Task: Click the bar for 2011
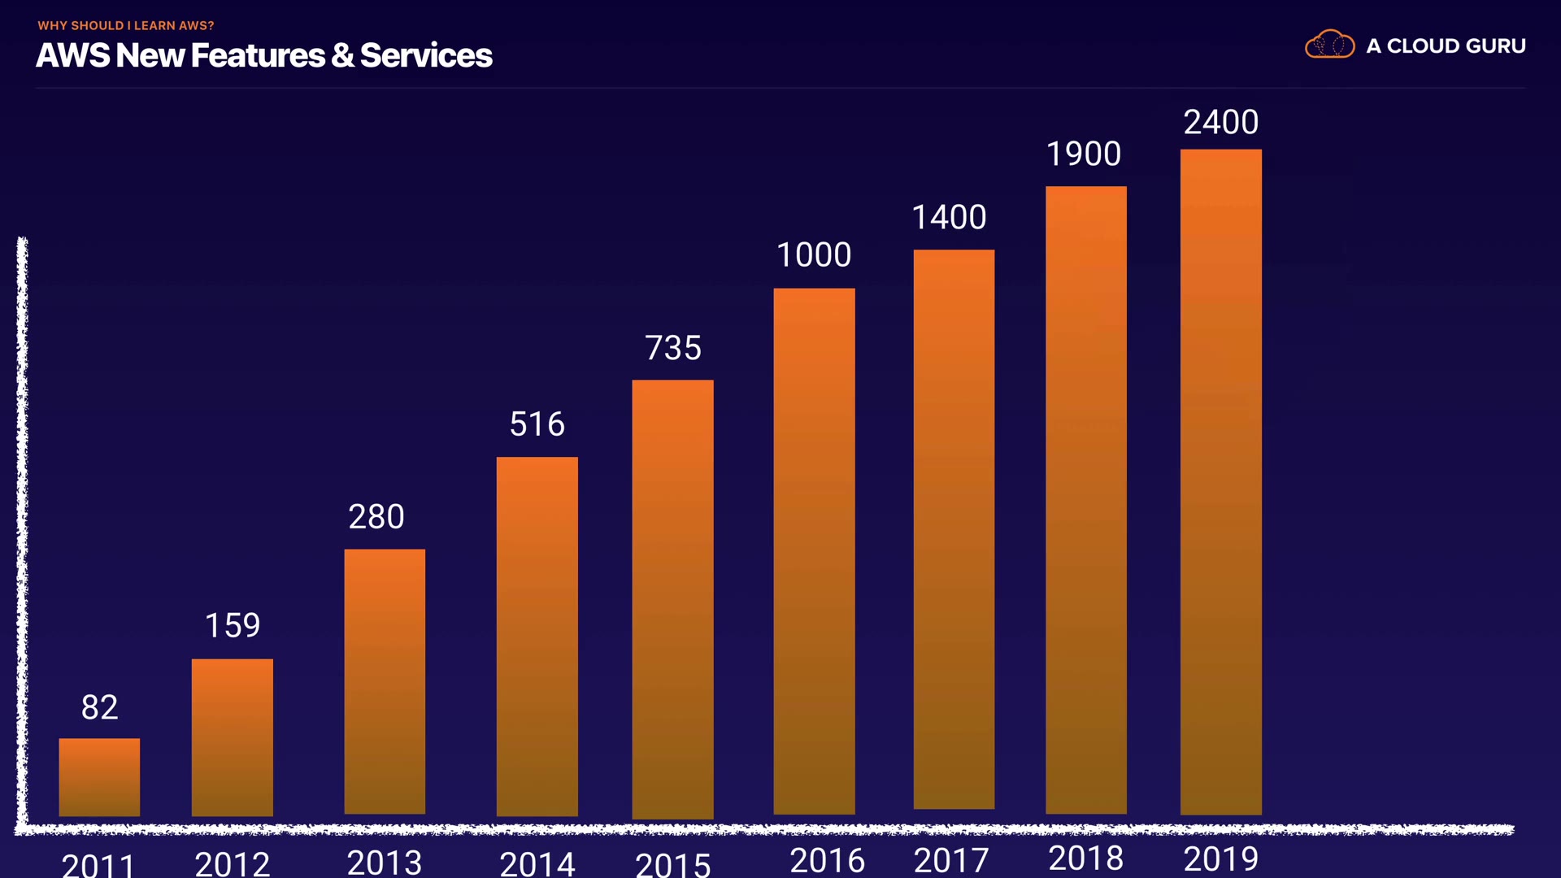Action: tap(99, 776)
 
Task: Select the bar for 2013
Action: tap(385, 681)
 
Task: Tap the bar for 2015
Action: tap(672, 598)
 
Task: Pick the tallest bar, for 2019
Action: tap(1220, 481)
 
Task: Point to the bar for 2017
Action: tap(954, 528)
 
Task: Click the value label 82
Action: tap(99, 707)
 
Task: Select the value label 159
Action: tap(233, 625)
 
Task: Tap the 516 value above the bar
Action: tap(537, 424)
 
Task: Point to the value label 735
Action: tap(672, 348)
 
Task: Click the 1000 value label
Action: tap(814, 255)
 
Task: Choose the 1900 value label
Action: tap(1083, 154)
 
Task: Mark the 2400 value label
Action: tap(1220, 122)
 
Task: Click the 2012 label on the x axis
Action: tap(233, 863)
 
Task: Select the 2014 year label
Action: tap(537, 863)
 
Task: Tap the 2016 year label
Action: tap(827, 860)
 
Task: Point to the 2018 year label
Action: tap(1085, 858)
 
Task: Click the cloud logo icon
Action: tap(1329, 45)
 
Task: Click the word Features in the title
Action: tap(258, 55)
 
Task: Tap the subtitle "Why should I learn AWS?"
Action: tap(126, 26)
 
